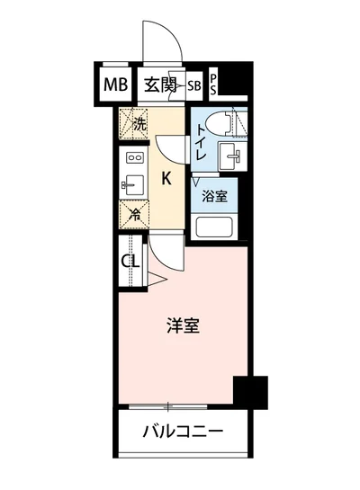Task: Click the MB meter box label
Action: [114, 86]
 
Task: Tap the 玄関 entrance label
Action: [162, 86]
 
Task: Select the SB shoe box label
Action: [195, 86]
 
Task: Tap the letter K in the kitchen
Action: [166, 177]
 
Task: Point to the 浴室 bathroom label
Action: [213, 194]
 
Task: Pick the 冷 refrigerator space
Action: [133, 214]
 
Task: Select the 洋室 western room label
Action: [181, 325]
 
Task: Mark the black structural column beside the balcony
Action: [250, 392]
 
